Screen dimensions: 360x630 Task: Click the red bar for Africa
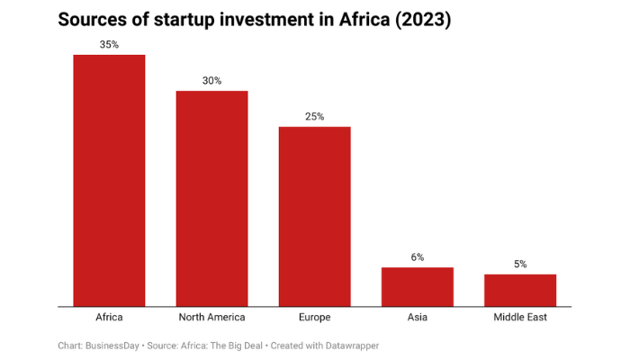click(109, 180)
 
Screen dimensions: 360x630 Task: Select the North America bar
click(211, 198)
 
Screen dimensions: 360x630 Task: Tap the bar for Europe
click(314, 216)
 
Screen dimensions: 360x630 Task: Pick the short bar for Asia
click(417, 286)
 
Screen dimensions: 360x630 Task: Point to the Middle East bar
click(520, 290)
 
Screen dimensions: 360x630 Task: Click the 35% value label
click(109, 44)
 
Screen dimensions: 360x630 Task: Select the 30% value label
click(211, 80)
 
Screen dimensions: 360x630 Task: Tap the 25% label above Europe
click(314, 116)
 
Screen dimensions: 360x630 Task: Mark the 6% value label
click(417, 256)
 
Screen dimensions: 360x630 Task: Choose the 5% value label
click(520, 264)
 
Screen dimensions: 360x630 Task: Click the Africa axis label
click(109, 318)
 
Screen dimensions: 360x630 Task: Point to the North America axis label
click(211, 318)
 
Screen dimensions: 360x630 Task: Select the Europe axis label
click(314, 318)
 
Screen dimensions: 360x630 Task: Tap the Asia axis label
click(417, 318)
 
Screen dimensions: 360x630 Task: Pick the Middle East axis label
click(520, 318)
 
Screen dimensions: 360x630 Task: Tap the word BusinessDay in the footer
click(112, 345)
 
